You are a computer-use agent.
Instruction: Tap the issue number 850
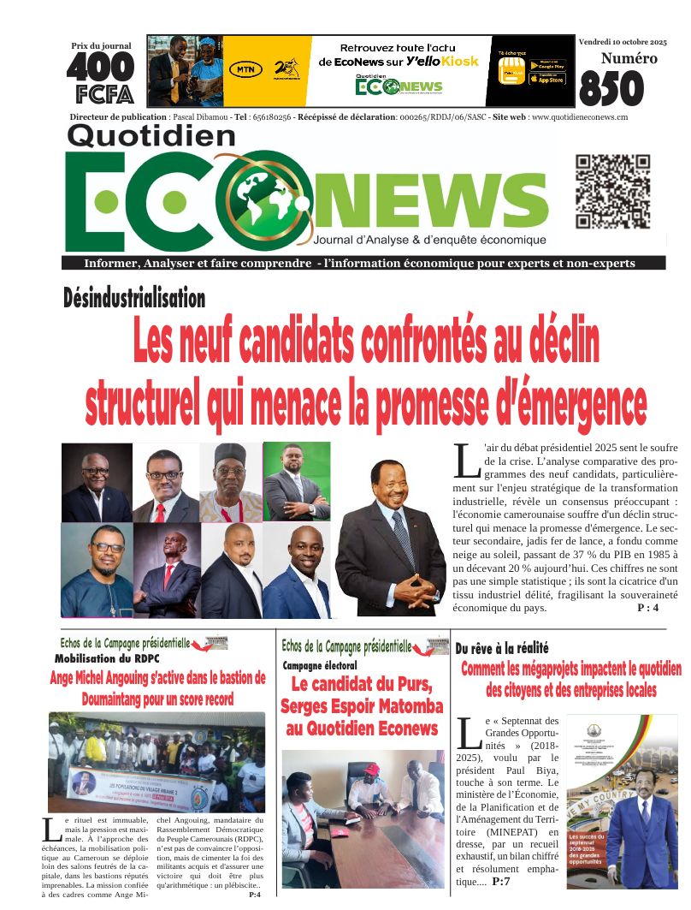pos(611,88)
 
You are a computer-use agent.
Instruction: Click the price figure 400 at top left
pos(101,67)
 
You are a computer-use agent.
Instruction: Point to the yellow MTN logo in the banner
pos(245,70)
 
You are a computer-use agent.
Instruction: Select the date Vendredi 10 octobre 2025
pos(622,41)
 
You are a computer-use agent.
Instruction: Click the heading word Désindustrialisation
pos(134,298)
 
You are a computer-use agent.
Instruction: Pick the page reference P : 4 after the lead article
pos(648,608)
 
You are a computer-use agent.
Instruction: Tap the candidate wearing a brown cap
pos(230,482)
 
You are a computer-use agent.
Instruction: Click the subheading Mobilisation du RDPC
pos(108,659)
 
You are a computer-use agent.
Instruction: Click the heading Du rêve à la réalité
pos(502,648)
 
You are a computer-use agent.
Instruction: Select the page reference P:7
pos(502,881)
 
